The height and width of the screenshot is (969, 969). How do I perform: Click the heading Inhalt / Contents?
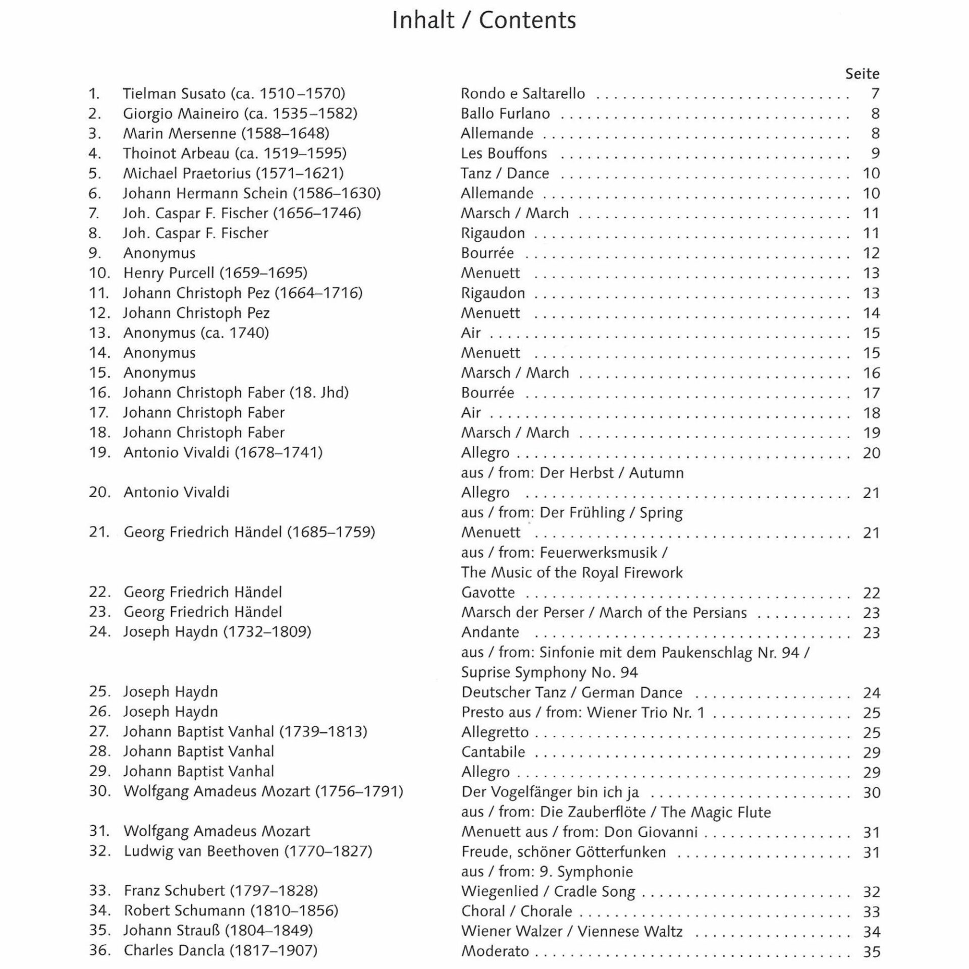483,21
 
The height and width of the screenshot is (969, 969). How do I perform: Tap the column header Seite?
862,74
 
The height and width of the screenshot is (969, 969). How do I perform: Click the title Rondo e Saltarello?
522,93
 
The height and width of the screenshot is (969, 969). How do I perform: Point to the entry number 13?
99,333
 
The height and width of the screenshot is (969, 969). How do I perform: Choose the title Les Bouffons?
504,153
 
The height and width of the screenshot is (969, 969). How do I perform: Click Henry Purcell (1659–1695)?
215,273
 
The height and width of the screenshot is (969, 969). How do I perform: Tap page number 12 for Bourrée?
871,253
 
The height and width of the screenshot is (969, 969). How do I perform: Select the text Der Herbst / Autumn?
612,473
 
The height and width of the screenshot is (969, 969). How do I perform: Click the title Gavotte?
488,593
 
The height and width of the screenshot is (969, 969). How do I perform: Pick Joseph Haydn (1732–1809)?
217,632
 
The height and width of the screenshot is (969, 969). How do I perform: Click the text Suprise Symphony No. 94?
549,672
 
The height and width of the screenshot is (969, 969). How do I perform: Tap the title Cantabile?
493,752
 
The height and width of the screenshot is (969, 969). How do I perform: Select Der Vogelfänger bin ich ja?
550,792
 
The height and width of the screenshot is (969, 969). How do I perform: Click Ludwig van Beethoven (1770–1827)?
248,851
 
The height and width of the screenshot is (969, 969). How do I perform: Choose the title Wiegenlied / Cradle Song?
548,892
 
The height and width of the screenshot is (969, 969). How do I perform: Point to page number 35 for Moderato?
872,952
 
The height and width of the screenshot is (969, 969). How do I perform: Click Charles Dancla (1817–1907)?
221,951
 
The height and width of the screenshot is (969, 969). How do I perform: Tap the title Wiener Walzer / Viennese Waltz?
572,932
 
